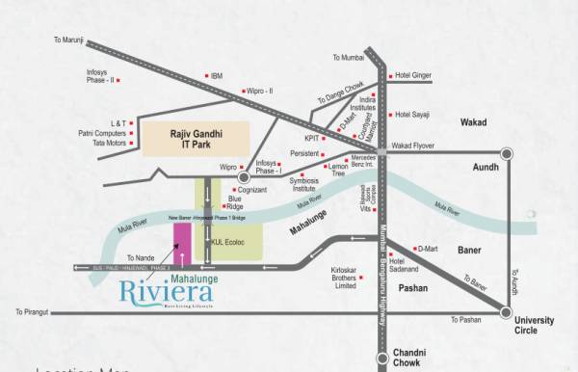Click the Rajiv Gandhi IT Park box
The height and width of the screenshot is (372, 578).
pos(196,138)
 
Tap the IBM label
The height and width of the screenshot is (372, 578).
pos(217,75)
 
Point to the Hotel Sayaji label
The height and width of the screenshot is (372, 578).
pos(415,114)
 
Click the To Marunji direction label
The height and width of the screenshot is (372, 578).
pos(68,40)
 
